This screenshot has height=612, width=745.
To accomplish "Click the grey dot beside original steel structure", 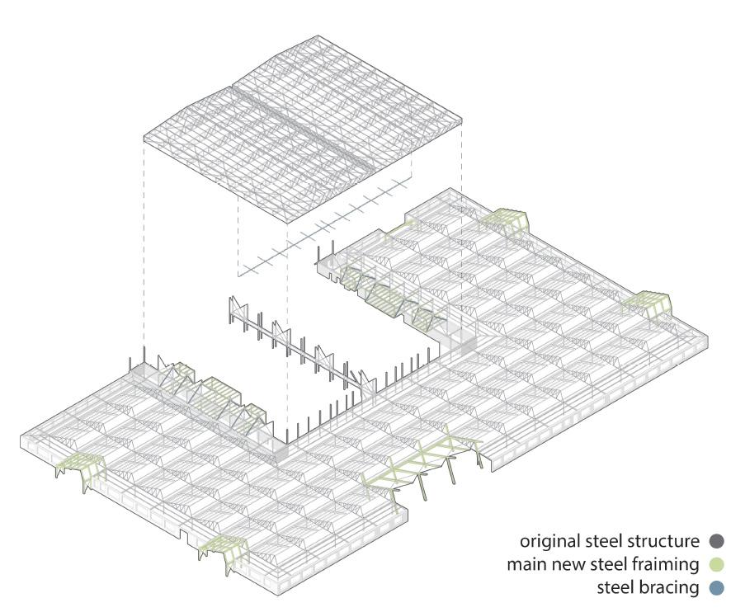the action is tap(716, 541).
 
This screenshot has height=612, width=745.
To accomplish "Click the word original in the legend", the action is tap(548, 542).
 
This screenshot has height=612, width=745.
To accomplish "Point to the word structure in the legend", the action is tap(666, 542).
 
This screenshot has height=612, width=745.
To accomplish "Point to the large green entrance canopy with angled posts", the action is tap(421, 466).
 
